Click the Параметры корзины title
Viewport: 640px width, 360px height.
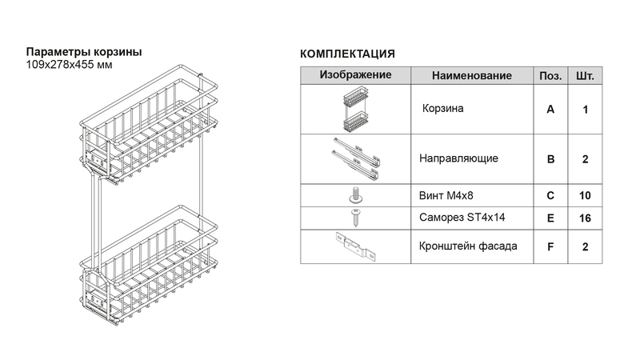[84, 52]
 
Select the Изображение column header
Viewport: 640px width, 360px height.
[355, 75]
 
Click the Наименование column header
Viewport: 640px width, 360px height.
[471, 76]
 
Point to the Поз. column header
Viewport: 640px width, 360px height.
[550, 76]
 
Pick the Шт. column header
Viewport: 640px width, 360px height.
[585, 76]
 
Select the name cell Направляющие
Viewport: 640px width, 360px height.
[458, 158]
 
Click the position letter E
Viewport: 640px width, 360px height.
[550, 218]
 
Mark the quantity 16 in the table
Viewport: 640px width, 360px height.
[585, 218]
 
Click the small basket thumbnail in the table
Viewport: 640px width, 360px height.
[355, 109]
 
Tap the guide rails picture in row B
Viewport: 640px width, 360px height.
[355, 158]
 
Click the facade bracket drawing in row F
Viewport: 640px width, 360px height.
[355, 246]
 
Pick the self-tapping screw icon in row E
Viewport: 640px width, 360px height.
[355, 218]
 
